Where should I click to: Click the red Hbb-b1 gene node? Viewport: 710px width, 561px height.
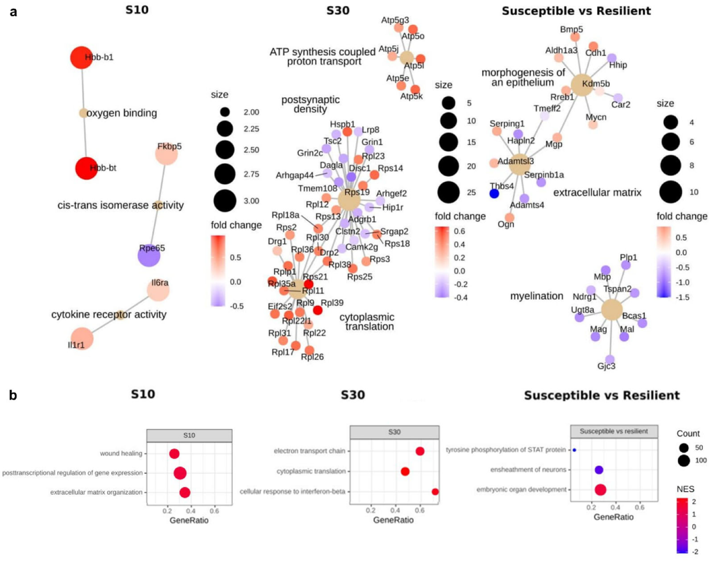coord(81,57)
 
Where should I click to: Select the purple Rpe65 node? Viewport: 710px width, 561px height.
coord(149,255)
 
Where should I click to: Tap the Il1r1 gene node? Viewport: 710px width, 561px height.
coord(81,338)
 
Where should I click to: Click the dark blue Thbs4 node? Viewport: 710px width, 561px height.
coord(494,193)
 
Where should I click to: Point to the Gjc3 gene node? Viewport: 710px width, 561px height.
coord(610,359)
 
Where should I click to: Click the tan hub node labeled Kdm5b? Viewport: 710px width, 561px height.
coord(581,85)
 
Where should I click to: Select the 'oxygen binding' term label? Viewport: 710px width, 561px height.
coord(121,113)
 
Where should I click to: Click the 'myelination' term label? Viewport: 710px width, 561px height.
coord(536,296)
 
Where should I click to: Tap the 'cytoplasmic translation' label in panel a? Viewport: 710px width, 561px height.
coord(367,322)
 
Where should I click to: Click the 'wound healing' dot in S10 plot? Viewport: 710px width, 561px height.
coord(174,454)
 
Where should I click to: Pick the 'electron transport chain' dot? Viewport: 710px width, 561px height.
coord(420,451)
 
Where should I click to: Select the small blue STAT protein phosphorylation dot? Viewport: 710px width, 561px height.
coord(575,450)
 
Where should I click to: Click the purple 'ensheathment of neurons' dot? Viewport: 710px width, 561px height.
coord(599,470)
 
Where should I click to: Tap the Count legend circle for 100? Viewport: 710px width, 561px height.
coord(684,461)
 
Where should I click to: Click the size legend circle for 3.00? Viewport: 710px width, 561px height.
coord(225,201)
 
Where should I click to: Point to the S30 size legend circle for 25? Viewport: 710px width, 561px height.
coord(448,192)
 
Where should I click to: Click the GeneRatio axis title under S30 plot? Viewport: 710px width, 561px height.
coord(393,520)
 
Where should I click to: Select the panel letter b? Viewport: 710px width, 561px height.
coord(13,395)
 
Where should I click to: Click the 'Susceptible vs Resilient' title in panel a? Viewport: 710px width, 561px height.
coord(576,11)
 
